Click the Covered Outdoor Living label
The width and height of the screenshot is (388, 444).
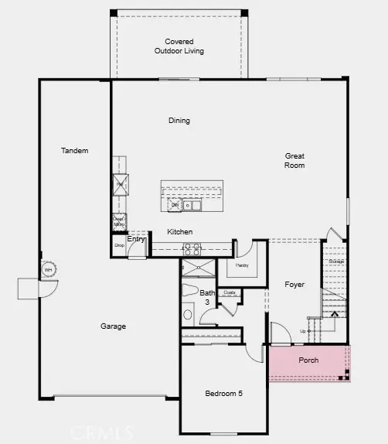(x=179, y=46)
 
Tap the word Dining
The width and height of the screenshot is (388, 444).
(x=179, y=121)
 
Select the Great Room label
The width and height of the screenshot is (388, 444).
(x=294, y=160)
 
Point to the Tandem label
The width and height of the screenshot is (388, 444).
(x=74, y=150)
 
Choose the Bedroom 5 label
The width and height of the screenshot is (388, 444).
(x=223, y=394)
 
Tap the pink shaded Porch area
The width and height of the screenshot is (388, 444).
(x=308, y=362)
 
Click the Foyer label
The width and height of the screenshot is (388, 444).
(x=294, y=285)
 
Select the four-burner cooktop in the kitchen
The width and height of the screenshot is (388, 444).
(x=191, y=249)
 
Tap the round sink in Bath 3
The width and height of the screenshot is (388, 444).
(x=188, y=316)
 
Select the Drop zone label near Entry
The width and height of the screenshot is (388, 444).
(x=119, y=245)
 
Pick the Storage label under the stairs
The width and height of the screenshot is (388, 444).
(x=335, y=261)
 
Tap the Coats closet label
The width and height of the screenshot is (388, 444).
(x=229, y=292)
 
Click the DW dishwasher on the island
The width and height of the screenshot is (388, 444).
(x=175, y=205)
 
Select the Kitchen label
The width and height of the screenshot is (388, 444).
(x=180, y=232)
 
